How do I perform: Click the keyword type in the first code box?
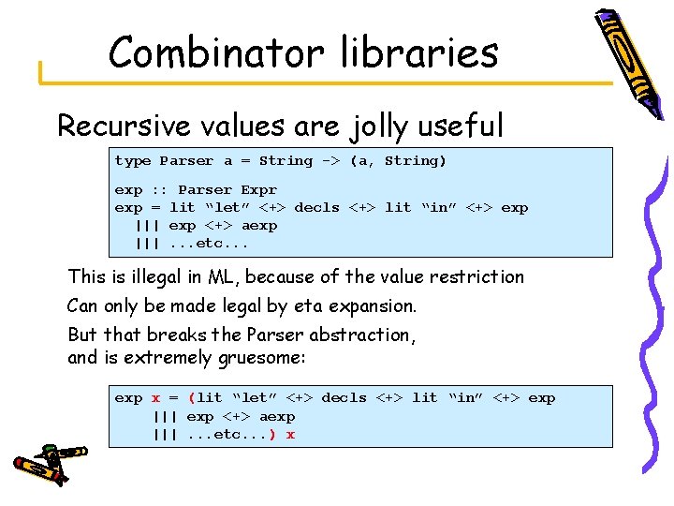[133, 161]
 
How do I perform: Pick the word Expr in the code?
[259, 189]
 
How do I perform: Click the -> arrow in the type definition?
[331, 161]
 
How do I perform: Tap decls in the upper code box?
[317, 208]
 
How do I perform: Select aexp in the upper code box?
[259, 226]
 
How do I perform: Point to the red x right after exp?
[155, 398]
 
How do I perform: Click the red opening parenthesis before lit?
[192, 398]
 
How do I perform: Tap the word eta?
[294, 306]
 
